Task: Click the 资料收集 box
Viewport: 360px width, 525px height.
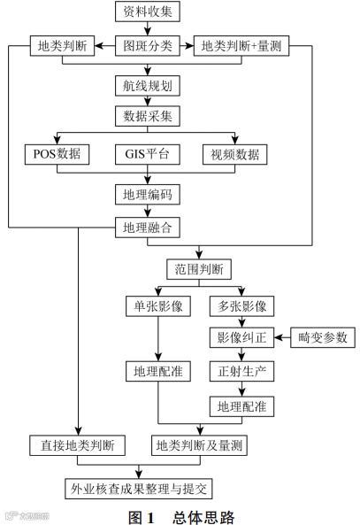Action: pyautogui.click(x=146, y=13)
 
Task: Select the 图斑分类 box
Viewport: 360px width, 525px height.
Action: pyautogui.click(x=146, y=44)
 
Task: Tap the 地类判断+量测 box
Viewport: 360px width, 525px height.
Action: pyautogui.click(x=240, y=44)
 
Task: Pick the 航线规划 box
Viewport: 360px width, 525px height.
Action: pyautogui.click(x=146, y=86)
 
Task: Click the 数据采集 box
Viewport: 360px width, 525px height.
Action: pyautogui.click(x=146, y=116)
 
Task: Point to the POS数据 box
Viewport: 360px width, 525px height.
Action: pyautogui.click(x=57, y=154)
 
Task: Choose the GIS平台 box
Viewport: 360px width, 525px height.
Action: pyautogui.click(x=146, y=154)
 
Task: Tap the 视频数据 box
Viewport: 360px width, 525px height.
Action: pyautogui.click(x=235, y=154)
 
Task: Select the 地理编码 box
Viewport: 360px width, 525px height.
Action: pyautogui.click(x=146, y=193)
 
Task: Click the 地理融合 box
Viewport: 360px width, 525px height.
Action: pyautogui.click(x=146, y=227)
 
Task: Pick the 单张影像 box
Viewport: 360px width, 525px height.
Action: pyautogui.click(x=158, y=306)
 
